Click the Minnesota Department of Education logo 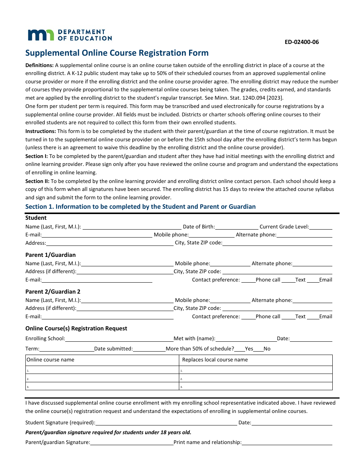(69, 35)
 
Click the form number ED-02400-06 (302, 42)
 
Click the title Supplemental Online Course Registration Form (117, 53)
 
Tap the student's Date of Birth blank (236, 227)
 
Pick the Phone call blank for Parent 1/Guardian (248, 280)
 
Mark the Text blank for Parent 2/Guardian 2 (288, 317)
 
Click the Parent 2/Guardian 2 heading (53, 292)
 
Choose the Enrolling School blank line (119, 339)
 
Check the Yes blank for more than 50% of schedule (239, 349)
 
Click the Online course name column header (50, 360)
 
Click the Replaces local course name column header (215, 360)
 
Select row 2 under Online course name (102, 378)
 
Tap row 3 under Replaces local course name (256, 386)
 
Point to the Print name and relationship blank (286, 443)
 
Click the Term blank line (66, 349)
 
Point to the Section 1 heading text (140, 207)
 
